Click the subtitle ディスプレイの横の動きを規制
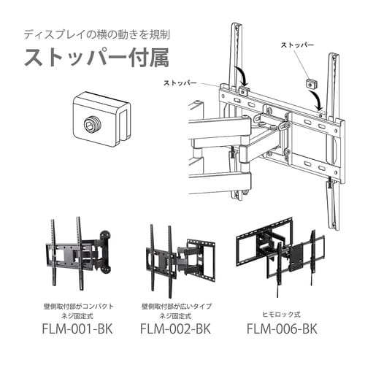(96, 34)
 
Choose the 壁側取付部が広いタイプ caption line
(176, 300)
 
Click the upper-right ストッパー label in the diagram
(298, 45)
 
